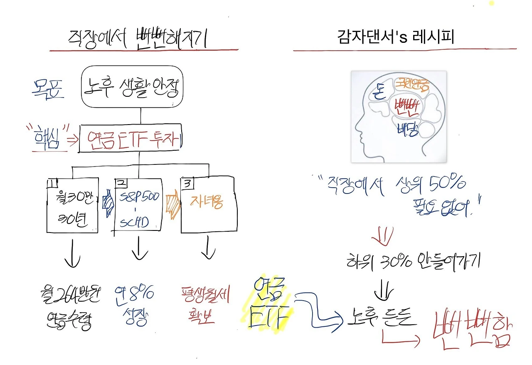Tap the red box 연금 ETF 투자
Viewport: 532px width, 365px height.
(x=131, y=138)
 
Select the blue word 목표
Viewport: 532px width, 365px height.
(x=48, y=88)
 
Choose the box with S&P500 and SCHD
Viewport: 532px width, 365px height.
(x=138, y=204)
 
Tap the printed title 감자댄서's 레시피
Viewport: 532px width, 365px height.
(x=395, y=37)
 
